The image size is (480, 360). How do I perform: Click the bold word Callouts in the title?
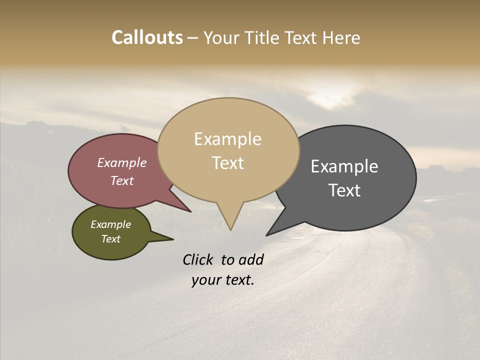(147, 37)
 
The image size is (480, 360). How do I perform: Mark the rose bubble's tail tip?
(190, 211)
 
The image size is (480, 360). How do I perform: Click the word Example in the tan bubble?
(227, 139)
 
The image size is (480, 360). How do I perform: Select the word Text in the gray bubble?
(344, 190)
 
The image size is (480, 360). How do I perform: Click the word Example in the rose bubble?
(122, 162)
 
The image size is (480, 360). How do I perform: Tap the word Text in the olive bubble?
(111, 239)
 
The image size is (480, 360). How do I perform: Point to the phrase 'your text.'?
(223, 280)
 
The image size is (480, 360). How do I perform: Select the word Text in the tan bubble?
(228, 163)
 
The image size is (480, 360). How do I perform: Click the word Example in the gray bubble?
(344, 166)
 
